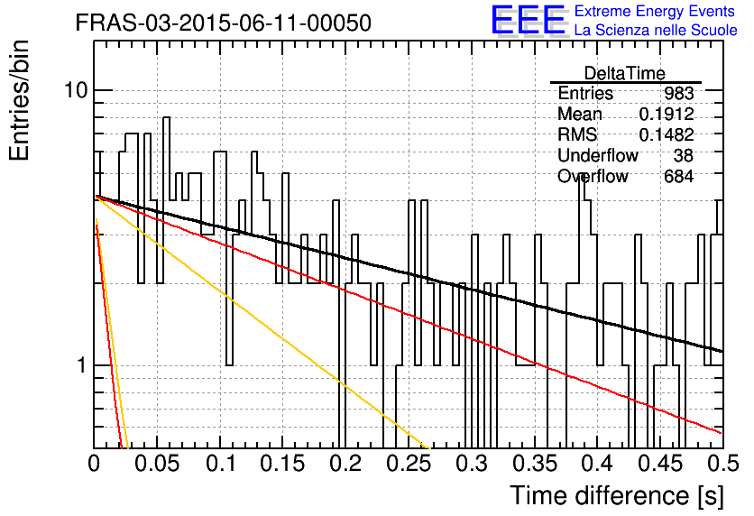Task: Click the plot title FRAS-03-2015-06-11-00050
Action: coord(224,23)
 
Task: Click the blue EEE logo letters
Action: coord(528,20)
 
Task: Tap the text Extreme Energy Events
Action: coord(655,11)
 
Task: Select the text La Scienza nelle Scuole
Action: coord(656,30)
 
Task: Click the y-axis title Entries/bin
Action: coord(20,100)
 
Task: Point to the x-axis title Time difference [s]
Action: coord(617,495)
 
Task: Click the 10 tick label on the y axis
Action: coord(77,89)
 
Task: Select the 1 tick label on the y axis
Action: coord(82,365)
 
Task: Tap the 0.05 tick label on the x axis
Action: coord(157,464)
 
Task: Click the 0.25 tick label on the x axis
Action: coord(409,464)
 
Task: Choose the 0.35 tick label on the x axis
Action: coord(535,464)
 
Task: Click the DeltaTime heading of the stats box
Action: coord(625,73)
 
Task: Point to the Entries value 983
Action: coord(678,93)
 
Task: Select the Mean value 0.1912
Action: coord(667,114)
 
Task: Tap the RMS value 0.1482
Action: coord(667,134)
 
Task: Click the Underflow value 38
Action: coord(684,155)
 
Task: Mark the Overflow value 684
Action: coord(678,177)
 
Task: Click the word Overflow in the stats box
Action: coord(593,177)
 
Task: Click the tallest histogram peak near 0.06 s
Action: coord(166,117)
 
